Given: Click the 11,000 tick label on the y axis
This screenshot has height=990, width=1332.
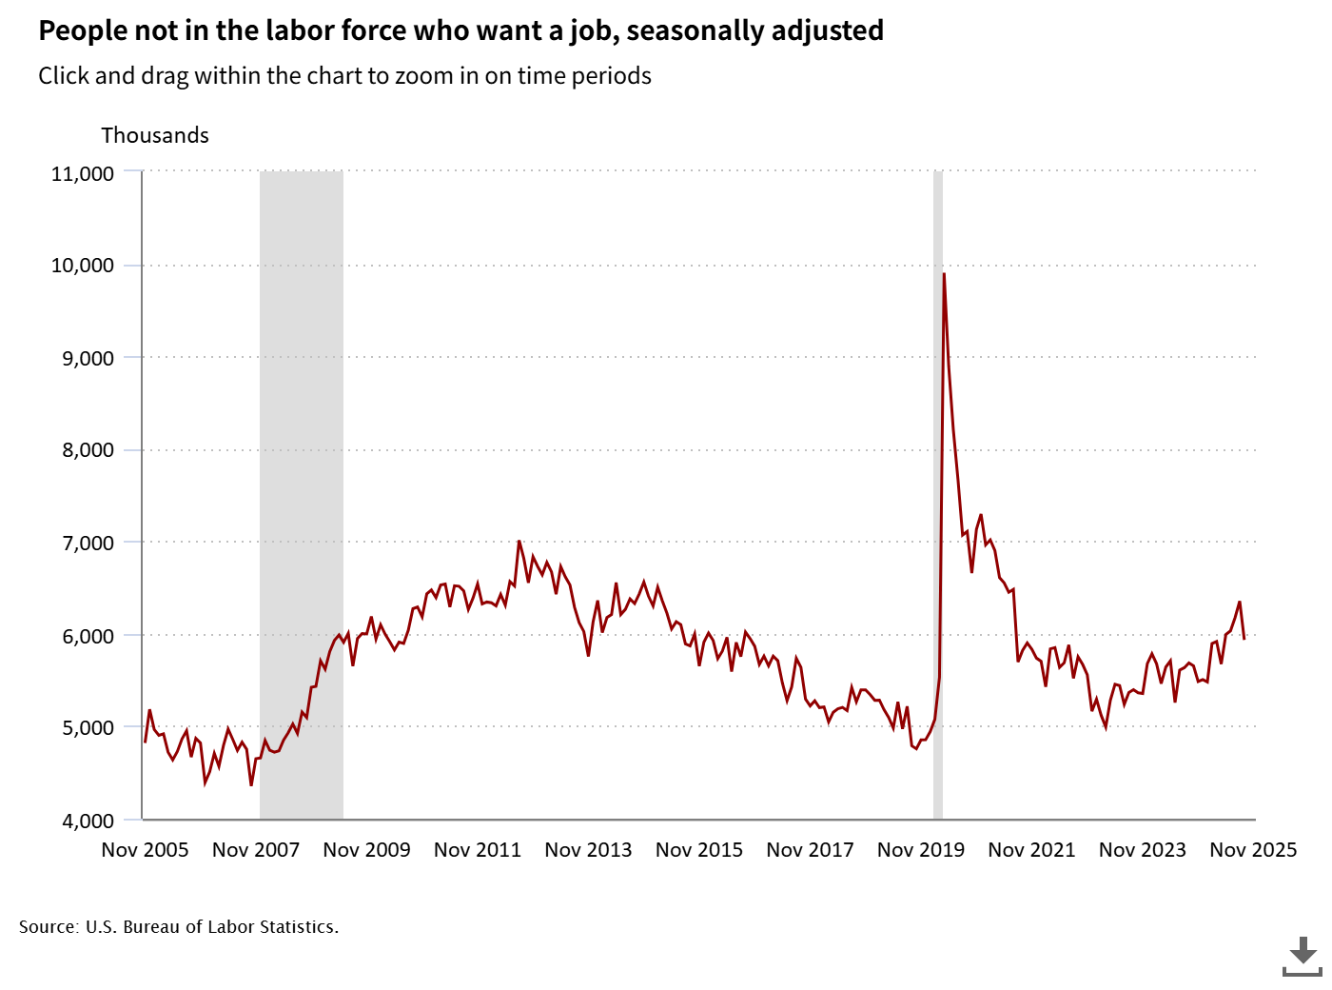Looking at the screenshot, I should pos(82,173).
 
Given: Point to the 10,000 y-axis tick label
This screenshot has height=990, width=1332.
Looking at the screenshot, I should pos(82,266).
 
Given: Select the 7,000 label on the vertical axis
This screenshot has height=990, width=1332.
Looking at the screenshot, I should pos(88,543).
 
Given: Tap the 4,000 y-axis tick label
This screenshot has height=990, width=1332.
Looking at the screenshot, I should pos(88,821).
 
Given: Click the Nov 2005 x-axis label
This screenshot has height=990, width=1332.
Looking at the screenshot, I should pos(145,850).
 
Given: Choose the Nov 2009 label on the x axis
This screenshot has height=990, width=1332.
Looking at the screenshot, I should pos(366,850).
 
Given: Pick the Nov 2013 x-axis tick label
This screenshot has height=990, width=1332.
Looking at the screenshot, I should pos(588,850).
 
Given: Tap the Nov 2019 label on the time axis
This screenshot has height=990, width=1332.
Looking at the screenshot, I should pos(920,850).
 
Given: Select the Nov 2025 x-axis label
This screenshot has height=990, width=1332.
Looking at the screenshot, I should pos(1253,850).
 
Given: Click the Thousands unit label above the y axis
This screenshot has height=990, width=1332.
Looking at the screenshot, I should pos(155,135).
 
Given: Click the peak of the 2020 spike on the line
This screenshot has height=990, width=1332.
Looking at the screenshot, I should pos(944,274).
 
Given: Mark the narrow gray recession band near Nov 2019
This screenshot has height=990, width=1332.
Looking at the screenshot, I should pos(938,495).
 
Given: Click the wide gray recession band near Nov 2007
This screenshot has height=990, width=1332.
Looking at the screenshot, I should pos(302,495).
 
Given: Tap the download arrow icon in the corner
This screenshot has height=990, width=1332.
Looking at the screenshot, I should pos(1303,955).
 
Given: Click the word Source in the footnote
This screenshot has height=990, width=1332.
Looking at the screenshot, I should pos(48,927).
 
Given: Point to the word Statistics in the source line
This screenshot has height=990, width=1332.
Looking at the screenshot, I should pos(298,927).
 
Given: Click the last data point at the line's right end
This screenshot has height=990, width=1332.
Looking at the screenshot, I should pos(1244,638).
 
